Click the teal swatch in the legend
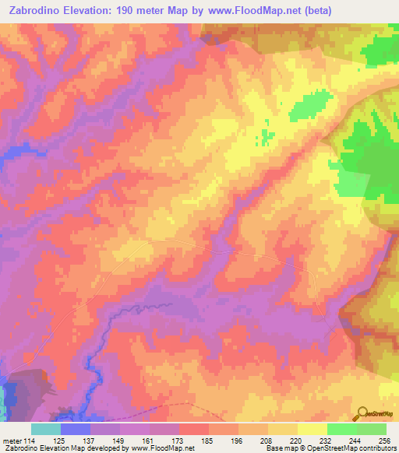(46, 428)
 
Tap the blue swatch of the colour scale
(76, 428)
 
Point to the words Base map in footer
(280, 448)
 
